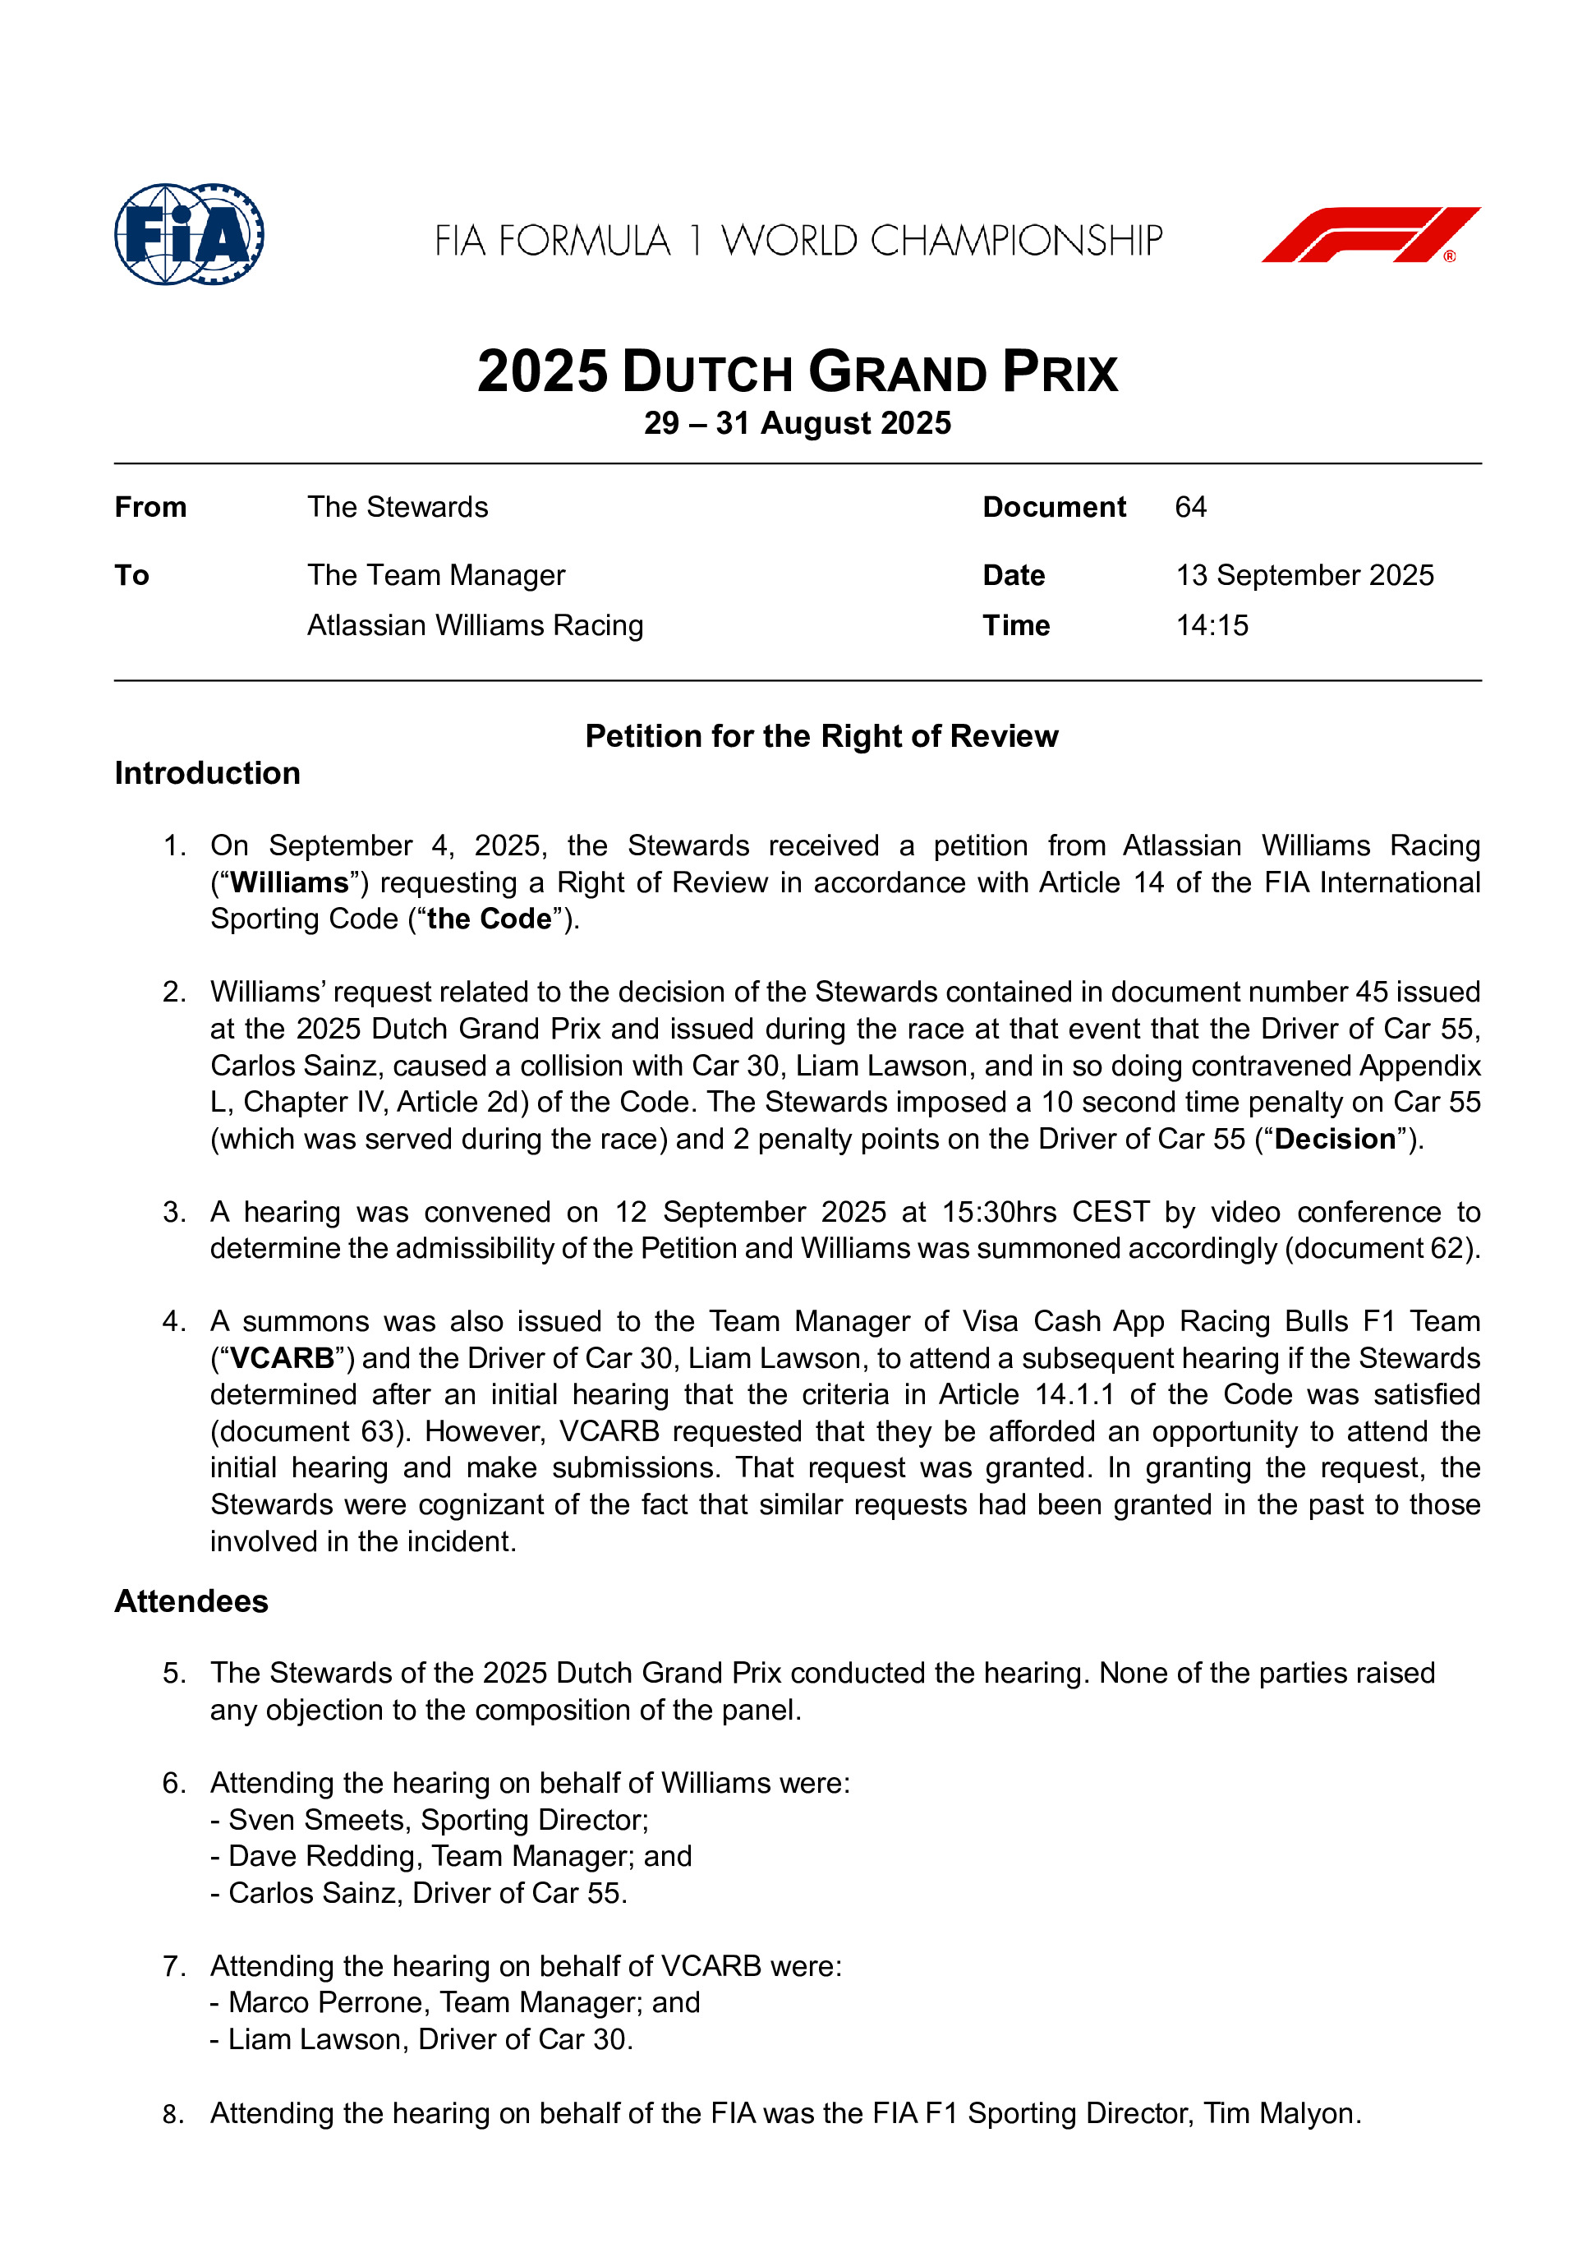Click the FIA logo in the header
click(x=189, y=234)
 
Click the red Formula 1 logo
click(x=1370, y=235)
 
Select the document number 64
click(x=1190, y=507)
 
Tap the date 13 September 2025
click(x=1304, y=575)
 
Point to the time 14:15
click(x=1212, y=625)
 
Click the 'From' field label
click(x=150, y=507)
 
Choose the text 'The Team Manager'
click(x=435, y=575)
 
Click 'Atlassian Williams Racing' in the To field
click(x=475, y=625)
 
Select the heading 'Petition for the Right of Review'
click(x=821, y=736)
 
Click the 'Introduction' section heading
click(x=207, y=774)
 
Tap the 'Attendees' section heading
click(x=191, y=1601)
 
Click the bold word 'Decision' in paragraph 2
click(x=1335, y=1140)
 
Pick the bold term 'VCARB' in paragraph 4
click(x=282, y=1358)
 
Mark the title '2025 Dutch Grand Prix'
click(x=797, y=372)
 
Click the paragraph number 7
click(x=174, y=1966)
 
